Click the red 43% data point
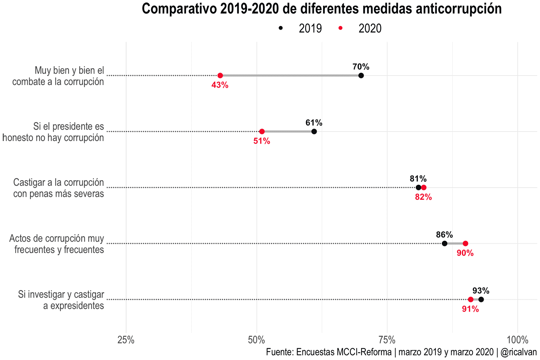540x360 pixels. pos(220,76)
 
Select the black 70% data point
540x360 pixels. pos(361,76)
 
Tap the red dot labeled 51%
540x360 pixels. pos(262,132)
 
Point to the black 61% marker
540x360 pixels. pos(314,132)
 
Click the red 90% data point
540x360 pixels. pos(465,244)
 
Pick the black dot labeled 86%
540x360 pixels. pos(444,244)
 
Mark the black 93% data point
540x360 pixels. pos(481,300)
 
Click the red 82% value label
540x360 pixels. pos(424,197)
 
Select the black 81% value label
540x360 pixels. pos(418,178)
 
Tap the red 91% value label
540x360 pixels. pos(470,309)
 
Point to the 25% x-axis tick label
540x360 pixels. pos(126,340)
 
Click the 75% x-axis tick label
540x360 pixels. pos(387,340)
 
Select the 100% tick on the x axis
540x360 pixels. pos(517,340)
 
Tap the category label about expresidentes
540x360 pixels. pos(61,300)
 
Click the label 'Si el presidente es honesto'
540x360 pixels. pos(53,132)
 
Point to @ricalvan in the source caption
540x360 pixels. pos(518,352)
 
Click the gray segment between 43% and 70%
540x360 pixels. pos(290,76)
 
